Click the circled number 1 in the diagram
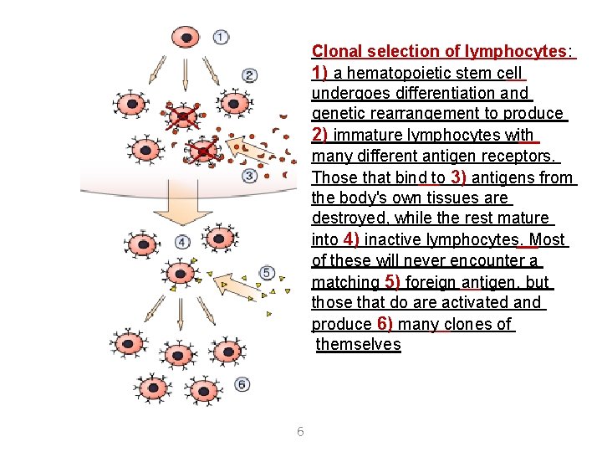(x=221, y=37)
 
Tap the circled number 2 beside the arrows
(x=249, y=75)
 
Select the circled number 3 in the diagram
(x=249, y=176)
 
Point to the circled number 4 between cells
(x=182, y=243)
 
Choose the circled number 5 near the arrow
(x=267, y=273)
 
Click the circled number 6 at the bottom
(x=242, y=384)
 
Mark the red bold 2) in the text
(x=319, y=135)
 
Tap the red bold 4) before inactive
(x=351, y=239)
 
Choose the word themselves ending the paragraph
(x=359, y=345)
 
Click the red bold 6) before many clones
(x=385, y=323)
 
